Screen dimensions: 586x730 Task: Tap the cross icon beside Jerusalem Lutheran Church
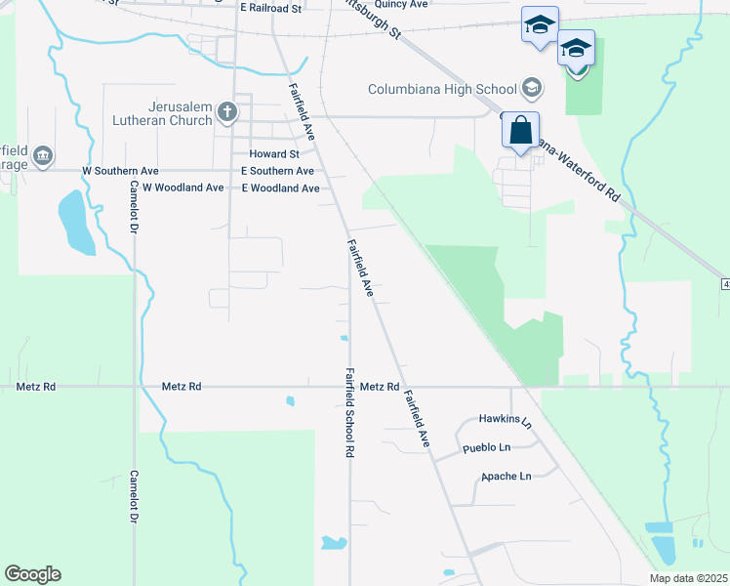227,111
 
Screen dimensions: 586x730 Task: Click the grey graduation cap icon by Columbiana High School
532,89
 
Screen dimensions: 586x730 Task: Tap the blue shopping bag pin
521,130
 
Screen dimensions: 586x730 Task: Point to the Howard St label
274,154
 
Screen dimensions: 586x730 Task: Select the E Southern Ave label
278,170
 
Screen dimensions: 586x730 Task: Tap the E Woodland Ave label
281,188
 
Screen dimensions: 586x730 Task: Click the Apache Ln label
506,477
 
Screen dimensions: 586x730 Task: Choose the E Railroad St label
272,7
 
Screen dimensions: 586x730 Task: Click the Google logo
32,574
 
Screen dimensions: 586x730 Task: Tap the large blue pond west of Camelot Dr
76,221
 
